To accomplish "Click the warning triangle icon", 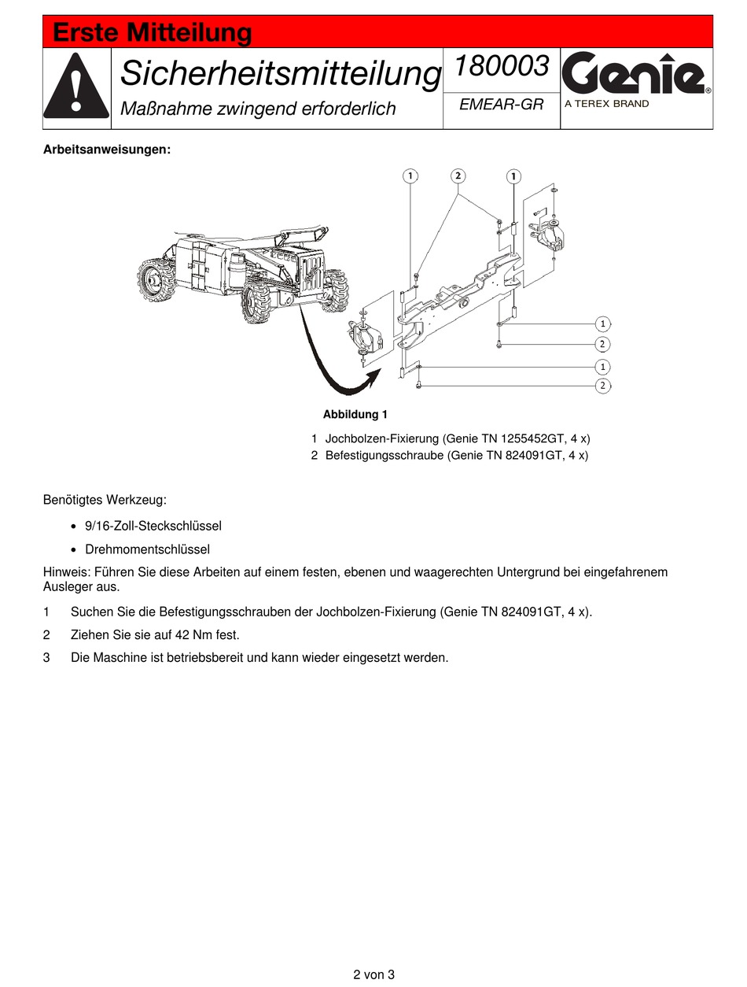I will tap(76, 87).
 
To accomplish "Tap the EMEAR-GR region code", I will tap(501, 105).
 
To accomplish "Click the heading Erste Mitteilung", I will tap(152, 34).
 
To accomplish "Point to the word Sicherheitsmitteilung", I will tap(280, 74).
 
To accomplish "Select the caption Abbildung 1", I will tap(355, 414).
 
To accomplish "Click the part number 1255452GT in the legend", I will tap(518, 438).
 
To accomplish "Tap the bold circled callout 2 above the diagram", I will tap(458, 176).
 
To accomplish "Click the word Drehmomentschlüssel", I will tap(147, 549).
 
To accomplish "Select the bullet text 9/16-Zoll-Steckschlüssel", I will tap(153, 526).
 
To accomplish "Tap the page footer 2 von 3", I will tap(373, 974).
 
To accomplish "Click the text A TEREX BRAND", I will tap(607, 104).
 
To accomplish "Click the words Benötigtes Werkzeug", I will tap(105, 500).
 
